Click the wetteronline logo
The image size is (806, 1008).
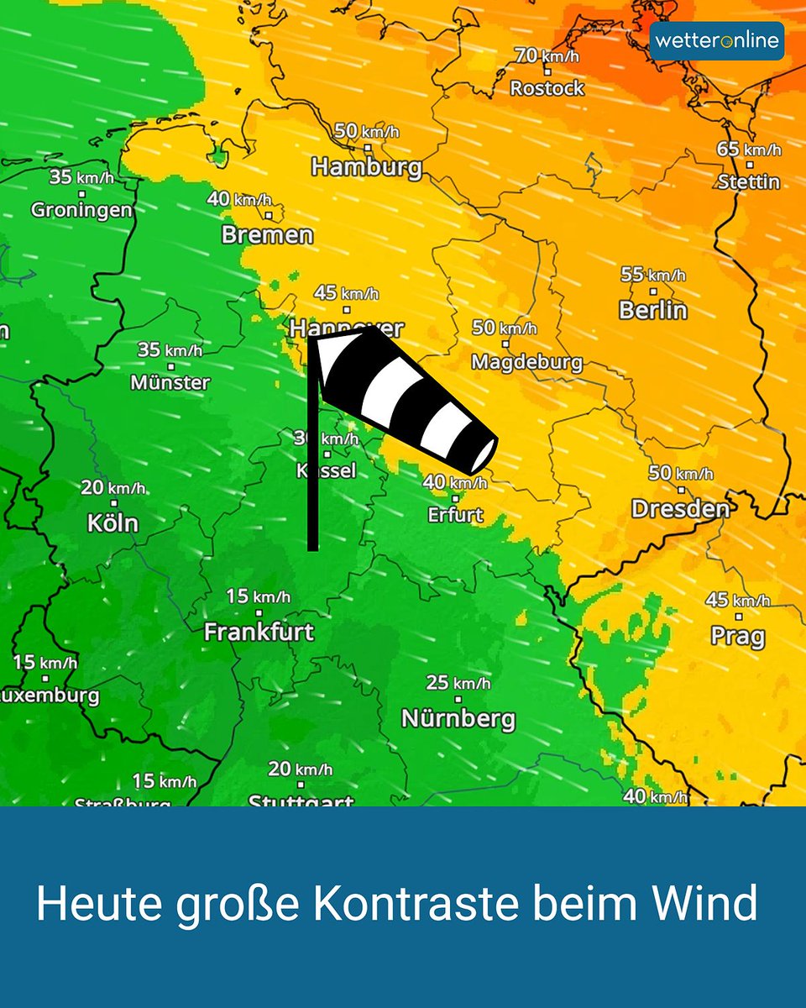click(716, 41)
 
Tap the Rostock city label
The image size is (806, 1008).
click(547, 87)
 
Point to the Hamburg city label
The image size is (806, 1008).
click(366, 166)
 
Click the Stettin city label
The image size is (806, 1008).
click(749, 181)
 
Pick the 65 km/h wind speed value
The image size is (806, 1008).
click(749, 150)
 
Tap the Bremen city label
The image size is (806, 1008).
click(266, 234)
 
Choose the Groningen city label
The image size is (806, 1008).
click(81, 209)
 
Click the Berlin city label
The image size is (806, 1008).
click(652, 309)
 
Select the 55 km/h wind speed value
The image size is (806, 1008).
click(652, 275)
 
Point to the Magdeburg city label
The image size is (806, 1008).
click(526, 362)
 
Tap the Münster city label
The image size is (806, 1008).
click(170, 382)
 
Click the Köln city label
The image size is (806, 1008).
click(113, 522)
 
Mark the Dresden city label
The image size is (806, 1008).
click(679, 508)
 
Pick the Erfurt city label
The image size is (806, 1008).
click(455, 514)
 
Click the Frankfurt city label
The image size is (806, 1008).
click(259, 631)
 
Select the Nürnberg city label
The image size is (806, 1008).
click(458, 718)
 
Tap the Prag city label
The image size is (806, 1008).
click(737, 636)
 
